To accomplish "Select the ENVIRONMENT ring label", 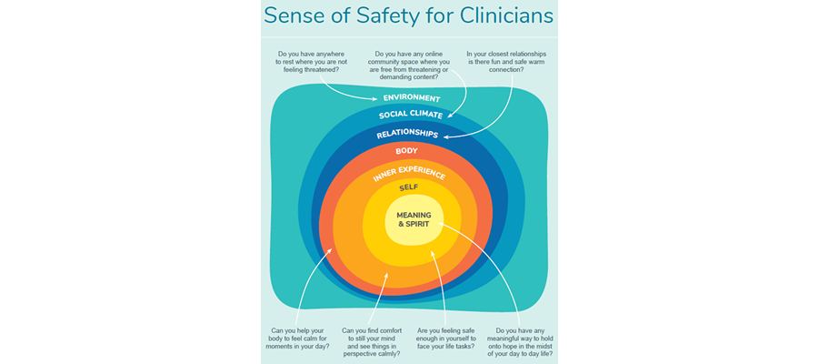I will coord(411,98).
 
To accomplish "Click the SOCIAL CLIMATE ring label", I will coord(410,116).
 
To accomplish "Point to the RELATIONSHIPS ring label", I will coord(408,134).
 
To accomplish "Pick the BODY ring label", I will coord(406,150).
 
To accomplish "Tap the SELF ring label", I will coord(408,187).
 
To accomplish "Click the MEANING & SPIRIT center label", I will coord(414,218).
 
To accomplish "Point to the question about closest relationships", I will coord(505,61).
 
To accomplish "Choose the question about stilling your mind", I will coord(371,341).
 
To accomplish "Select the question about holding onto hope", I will coord(520,341).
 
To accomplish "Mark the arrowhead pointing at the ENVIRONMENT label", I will coord(374,97).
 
